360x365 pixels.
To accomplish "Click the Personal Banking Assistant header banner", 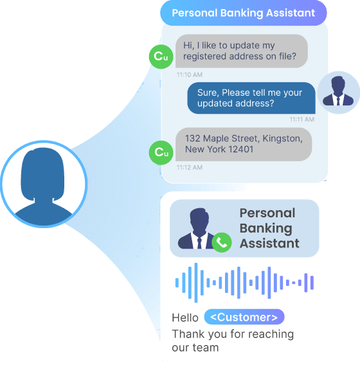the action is pos(244,13).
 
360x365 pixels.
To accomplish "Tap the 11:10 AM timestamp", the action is pos(190,75).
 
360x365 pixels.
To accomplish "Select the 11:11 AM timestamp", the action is pos(301,120).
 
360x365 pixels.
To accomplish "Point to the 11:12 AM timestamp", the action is pos(190,167).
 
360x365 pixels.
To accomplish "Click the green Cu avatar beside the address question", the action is pos(161,57).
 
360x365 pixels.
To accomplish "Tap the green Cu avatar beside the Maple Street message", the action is pos(161,153).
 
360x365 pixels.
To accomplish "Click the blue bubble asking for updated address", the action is pos(251,98).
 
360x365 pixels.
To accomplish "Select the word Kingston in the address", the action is pos(282,139).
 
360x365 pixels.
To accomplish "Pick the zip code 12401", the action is pos(241,149).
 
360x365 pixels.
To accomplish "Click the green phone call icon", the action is pos(222,242).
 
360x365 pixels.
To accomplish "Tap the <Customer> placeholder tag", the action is pos(244,317).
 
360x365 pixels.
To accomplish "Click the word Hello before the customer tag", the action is pos(185,317).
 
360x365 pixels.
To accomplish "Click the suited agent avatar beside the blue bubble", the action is pos(338,92).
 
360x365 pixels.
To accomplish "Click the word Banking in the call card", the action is pos(266,228).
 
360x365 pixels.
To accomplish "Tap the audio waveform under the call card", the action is pos(244,283).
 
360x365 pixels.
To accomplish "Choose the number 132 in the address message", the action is pos(193,139).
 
